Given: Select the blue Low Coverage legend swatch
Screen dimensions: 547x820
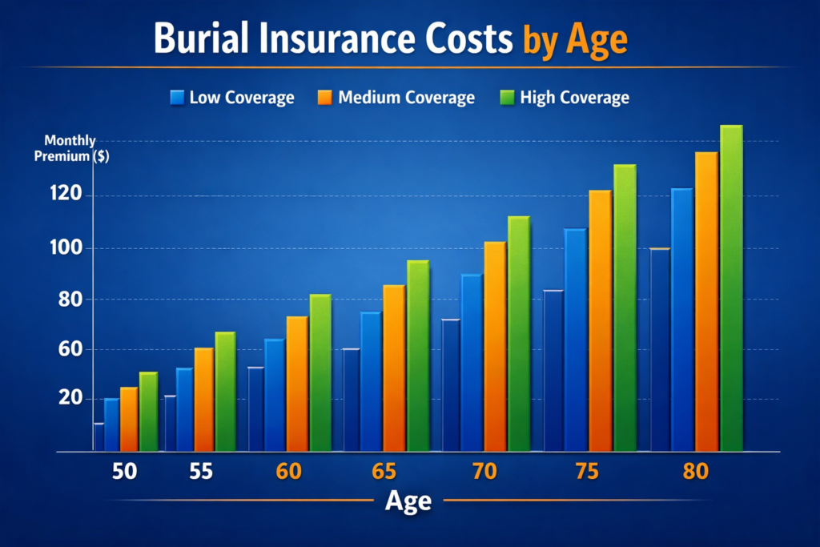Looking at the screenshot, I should (x=177, y=98).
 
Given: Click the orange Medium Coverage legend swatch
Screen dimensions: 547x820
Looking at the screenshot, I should (x=324, y=98).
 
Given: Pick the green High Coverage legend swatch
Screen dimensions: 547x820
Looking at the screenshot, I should (x=505, y=98).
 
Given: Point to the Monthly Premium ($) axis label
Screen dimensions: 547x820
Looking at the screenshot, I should (x=70, y=149).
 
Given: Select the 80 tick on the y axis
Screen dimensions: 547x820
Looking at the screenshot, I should (x=66, y=299).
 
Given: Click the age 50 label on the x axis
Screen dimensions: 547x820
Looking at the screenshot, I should (x=124, y=472).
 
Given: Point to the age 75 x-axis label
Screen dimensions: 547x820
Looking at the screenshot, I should (x=587, y=472).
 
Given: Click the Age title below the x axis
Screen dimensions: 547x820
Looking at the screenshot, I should (x=408, y=501).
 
